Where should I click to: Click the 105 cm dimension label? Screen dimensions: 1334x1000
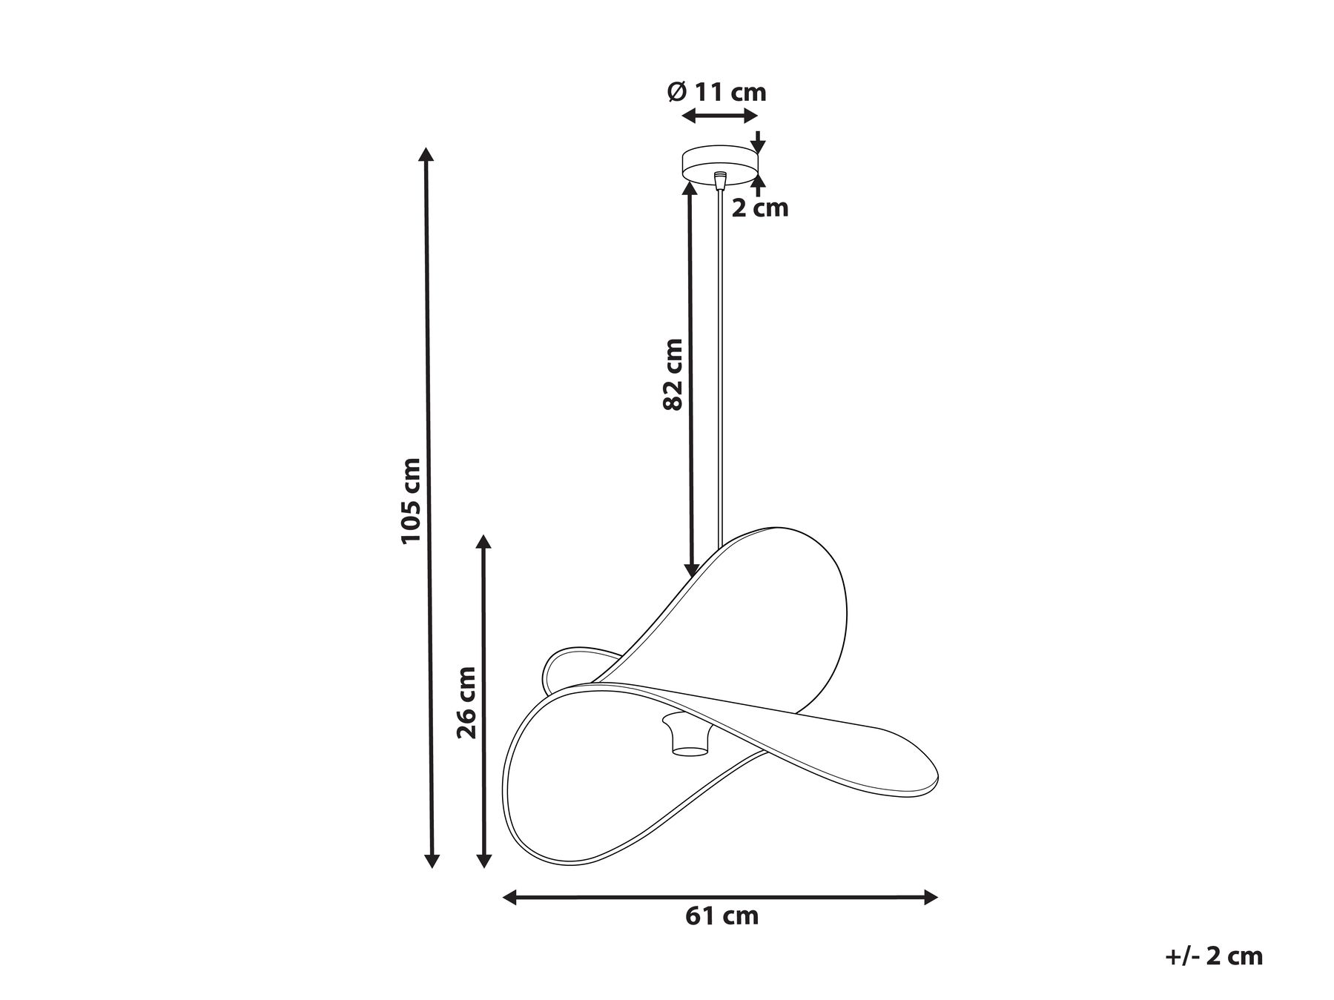tap(412, 500)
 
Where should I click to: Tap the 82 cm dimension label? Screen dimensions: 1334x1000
tap(673, 374)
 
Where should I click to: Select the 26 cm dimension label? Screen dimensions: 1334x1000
tap(466, 703)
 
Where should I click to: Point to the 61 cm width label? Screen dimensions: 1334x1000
tap(722, 915)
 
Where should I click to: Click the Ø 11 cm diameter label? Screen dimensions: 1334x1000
tap(716, 92)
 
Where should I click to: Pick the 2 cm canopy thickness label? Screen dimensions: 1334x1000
tap(760, 208)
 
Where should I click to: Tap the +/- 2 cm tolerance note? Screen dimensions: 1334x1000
tap(1214, 956)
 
